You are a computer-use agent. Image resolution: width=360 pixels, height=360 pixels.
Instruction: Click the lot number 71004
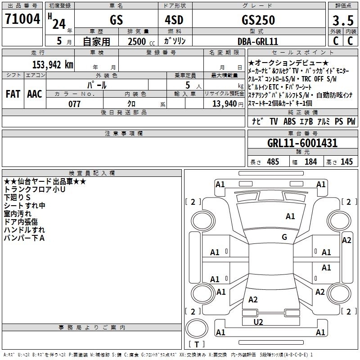22,19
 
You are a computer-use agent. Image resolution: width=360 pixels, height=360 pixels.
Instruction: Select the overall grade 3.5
343,20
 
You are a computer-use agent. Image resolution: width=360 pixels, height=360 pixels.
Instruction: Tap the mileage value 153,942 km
53,65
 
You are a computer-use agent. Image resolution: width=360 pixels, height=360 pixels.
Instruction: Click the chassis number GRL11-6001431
302,143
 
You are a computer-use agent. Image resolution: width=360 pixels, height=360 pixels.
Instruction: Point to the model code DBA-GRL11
258,41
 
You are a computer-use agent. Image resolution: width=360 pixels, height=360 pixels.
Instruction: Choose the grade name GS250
258,20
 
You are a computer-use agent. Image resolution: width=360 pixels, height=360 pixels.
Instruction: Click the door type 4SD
174,20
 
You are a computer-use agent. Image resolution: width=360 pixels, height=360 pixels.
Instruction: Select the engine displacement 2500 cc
141,41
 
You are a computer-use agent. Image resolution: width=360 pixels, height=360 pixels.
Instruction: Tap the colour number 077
74,104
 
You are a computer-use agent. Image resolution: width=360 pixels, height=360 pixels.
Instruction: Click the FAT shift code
13,94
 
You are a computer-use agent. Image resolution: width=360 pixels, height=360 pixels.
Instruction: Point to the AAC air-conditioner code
35,94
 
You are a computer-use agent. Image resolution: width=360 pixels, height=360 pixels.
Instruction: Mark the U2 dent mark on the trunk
258,322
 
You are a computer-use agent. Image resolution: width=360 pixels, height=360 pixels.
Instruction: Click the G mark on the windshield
284,237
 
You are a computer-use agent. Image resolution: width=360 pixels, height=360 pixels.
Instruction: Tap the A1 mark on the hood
290,216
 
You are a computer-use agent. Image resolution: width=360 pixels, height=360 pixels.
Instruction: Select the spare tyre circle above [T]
197,328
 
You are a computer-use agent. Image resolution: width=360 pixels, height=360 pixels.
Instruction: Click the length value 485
273,162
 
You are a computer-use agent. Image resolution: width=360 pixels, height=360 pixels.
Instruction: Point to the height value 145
346,162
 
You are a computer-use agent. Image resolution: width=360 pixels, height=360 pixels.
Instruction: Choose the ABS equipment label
289,121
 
